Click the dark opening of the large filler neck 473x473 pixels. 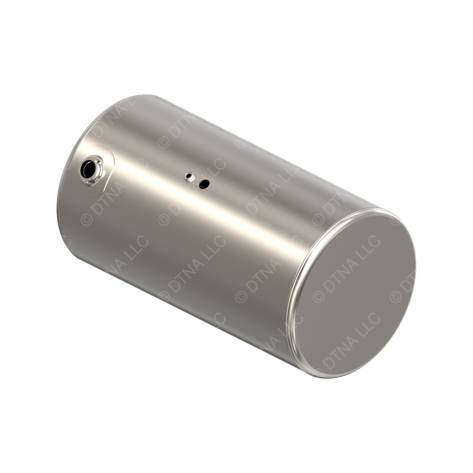87,170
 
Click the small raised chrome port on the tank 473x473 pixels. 189,176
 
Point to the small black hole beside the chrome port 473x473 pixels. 204,184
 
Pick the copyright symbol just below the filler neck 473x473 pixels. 86,219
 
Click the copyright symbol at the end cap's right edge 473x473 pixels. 395,296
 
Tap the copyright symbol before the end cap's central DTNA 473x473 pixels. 318,296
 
